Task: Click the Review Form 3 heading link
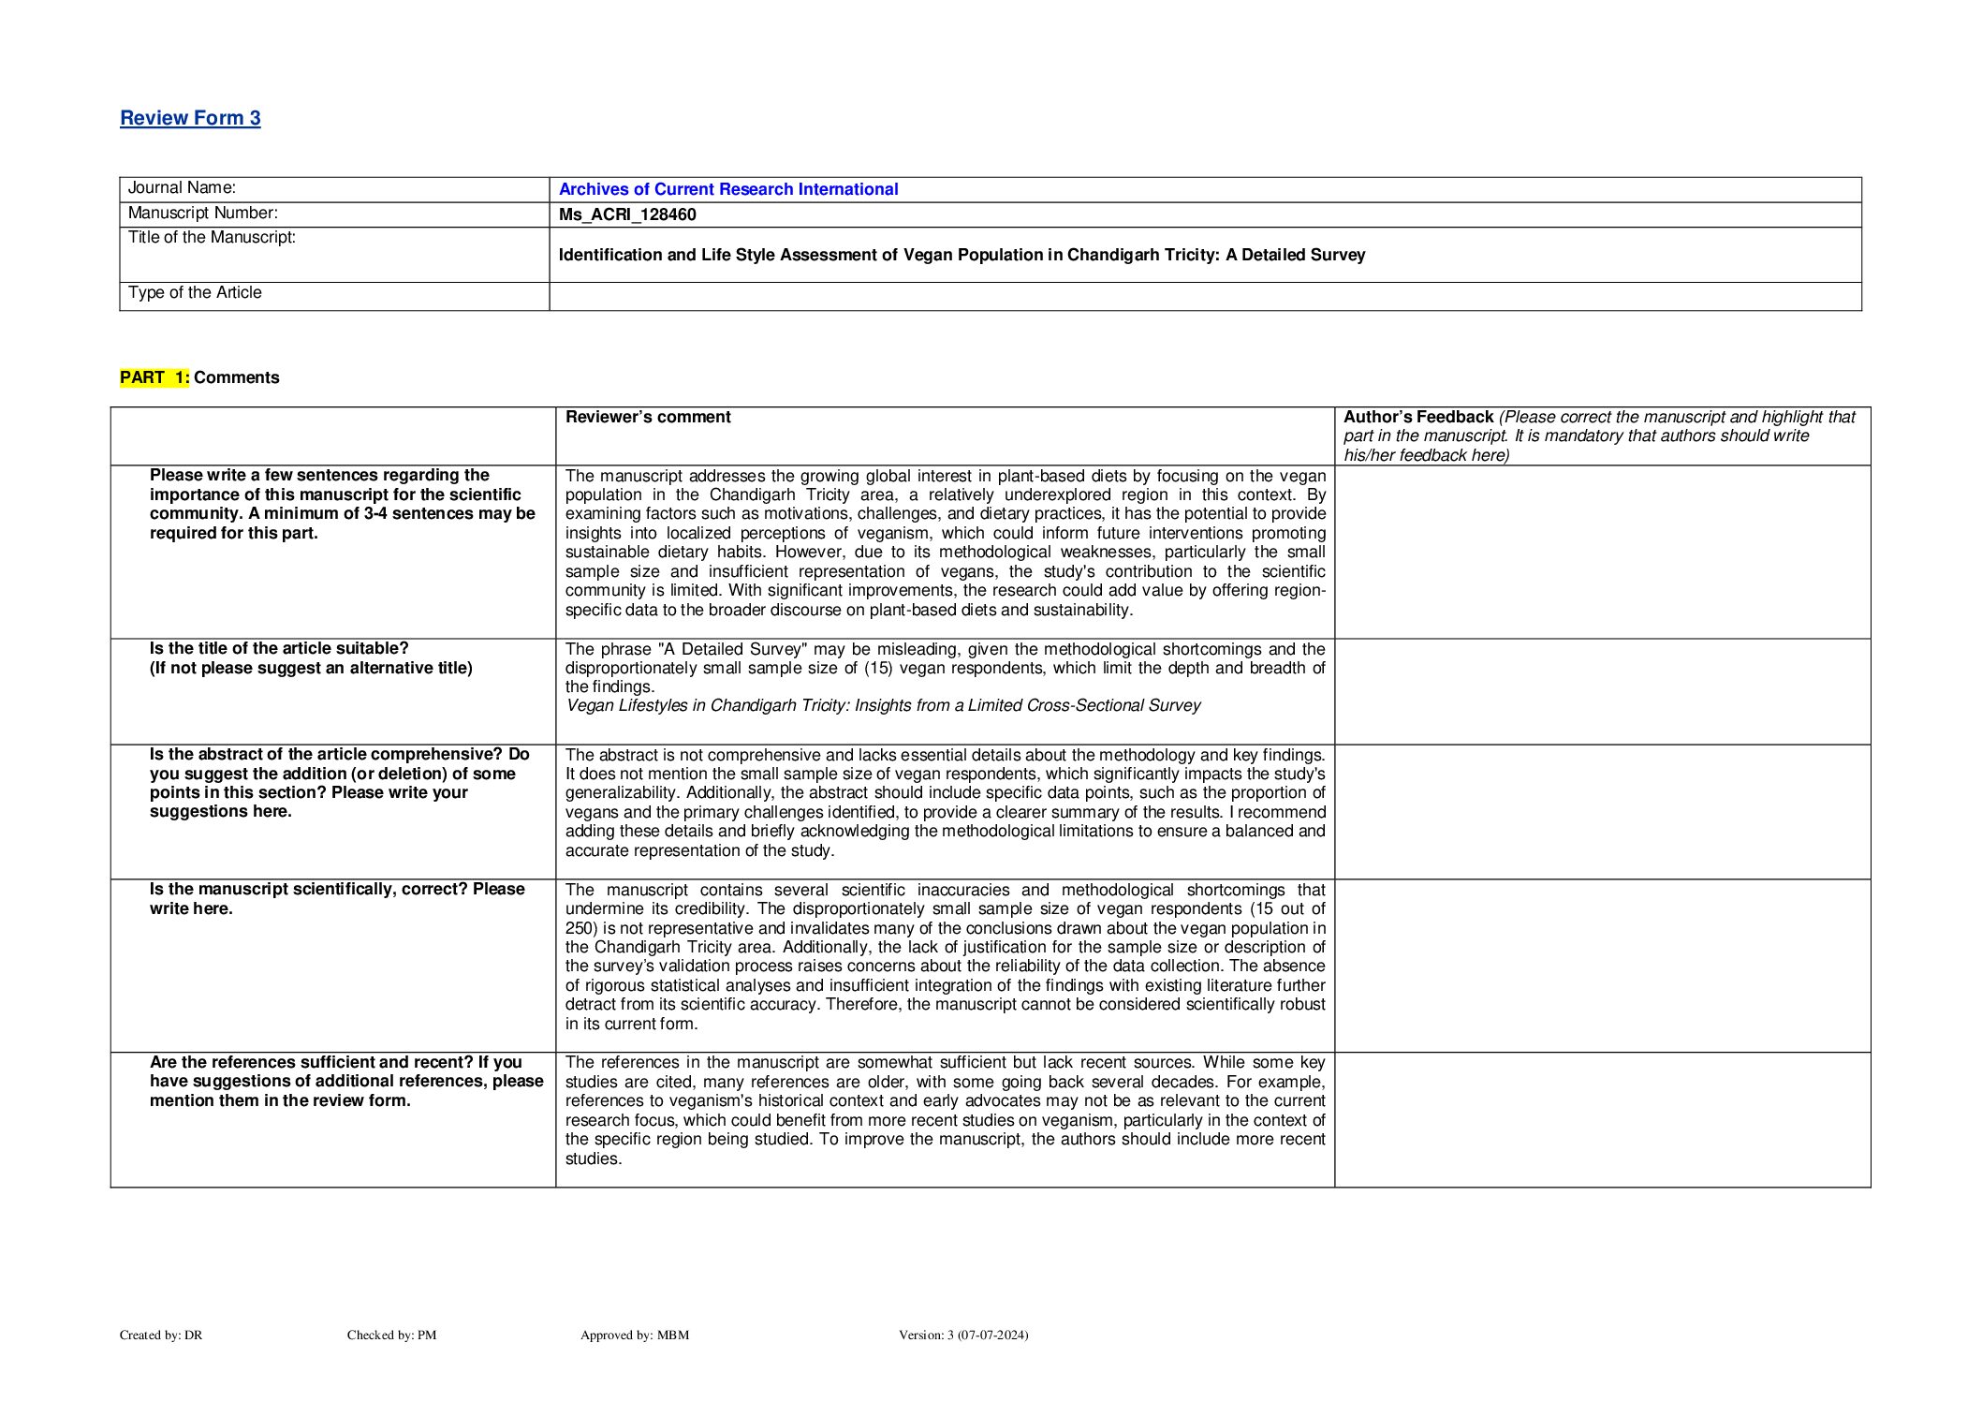[x=190, y=118]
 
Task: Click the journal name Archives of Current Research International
[x=727, y=189]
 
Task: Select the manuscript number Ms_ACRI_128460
[x=626, y=214]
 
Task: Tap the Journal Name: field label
[x=182, y=188]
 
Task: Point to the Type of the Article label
[x=195, y=293]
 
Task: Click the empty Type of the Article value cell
[x=1204, y=296]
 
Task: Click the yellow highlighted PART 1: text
[x=154, y=377]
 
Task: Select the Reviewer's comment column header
[x=648, y=417]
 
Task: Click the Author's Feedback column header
[x=1417, y=417]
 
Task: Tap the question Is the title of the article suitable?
[x=279, y=648]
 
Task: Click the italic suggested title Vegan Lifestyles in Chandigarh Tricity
[x=883, y=705]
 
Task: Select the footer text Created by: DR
[x=161, y=1336]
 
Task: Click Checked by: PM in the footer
[x=391, y=1336]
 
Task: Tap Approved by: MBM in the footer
[x=634, y=1336]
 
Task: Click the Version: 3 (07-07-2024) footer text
[x=962, y=1336]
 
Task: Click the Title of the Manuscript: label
[x=212, y=238]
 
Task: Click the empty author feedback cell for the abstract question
[x=1601, y=811]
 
